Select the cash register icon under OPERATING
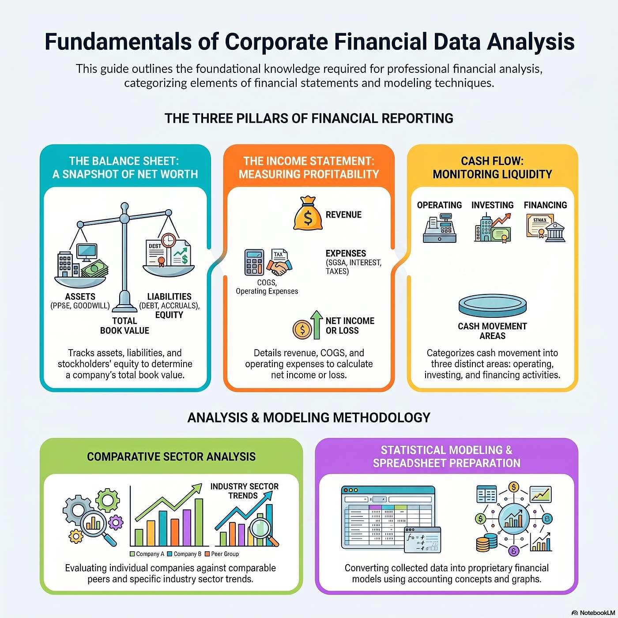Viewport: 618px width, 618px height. pos(439,228)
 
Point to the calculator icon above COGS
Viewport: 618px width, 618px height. pos(254,262)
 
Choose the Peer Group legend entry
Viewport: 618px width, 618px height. pos(222,554)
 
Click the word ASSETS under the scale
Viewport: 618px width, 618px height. pos(80,296)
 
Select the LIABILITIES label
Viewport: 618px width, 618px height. pos(170,296)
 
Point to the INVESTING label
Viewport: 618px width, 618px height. pos(492,205)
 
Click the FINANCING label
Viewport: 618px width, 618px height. pos(545,205)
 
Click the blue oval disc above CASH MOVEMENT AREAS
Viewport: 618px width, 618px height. pos(492,305)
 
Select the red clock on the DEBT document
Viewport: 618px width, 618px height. pos(168,240)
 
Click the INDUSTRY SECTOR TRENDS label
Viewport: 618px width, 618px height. pos(245,491)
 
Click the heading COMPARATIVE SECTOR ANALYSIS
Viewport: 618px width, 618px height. pos(171,456)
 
